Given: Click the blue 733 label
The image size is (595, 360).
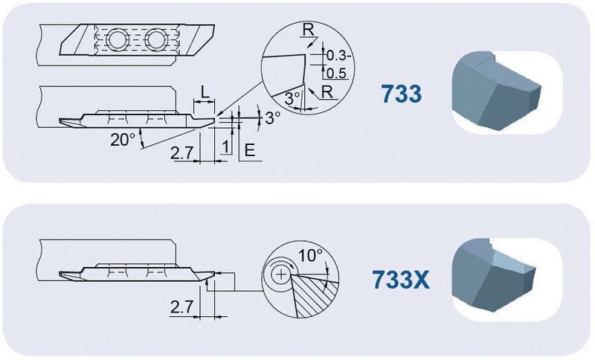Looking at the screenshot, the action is (x=401, y=94).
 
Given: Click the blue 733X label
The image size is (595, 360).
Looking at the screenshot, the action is (x=401, y=280).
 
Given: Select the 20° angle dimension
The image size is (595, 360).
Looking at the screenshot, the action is (x=123, y=140).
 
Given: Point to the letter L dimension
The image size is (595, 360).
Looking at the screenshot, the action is (x=205, y=92).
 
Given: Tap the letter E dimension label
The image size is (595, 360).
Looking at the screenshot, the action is (x=250, y=150).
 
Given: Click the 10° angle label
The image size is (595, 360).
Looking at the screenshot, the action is (x=310, y=256).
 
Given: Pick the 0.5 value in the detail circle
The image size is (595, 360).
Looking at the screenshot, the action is (x=336, y=73).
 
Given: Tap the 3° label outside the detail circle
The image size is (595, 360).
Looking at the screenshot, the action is (x=272, y=118).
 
